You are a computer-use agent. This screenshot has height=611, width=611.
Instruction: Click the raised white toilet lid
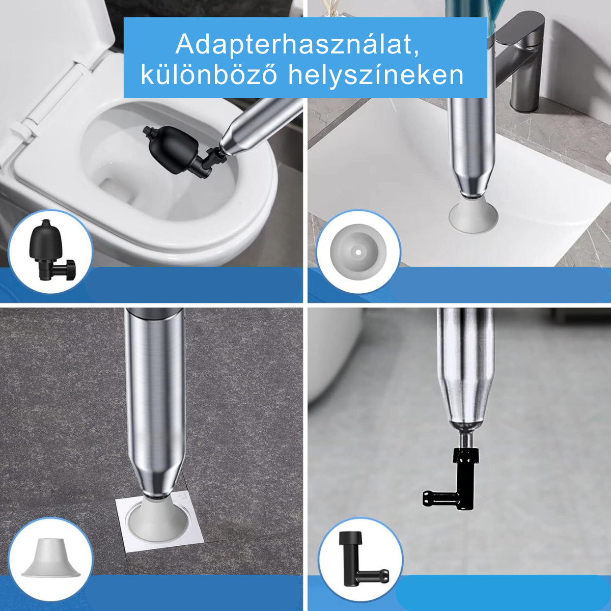(51, 41)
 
